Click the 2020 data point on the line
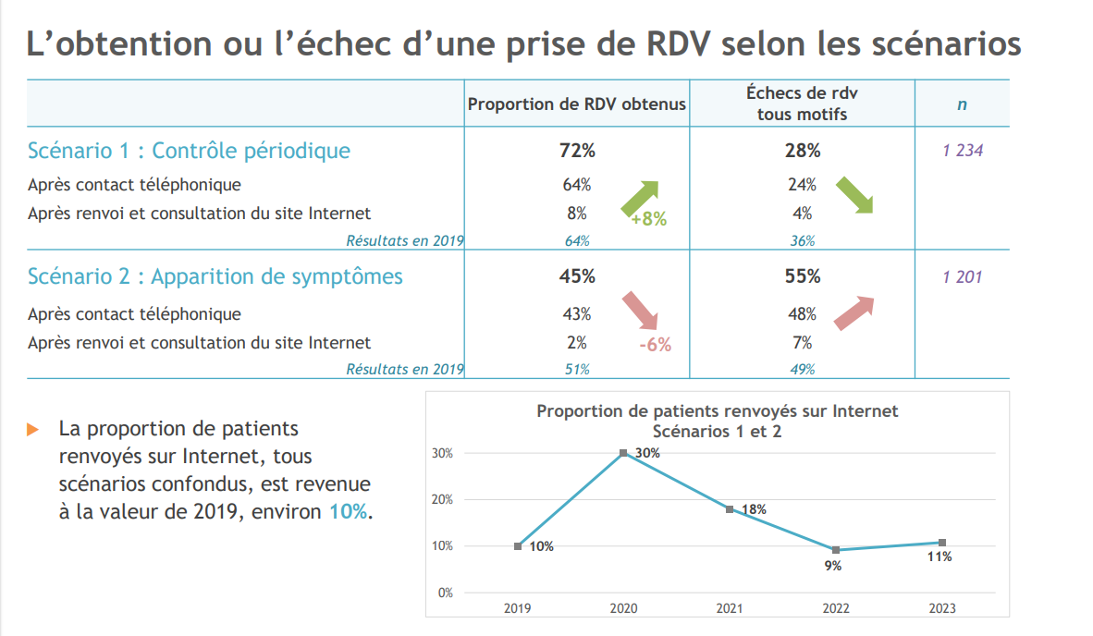point(623,453)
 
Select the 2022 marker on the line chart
point(835,550)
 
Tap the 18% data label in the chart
point(754,509)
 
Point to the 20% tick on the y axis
point(442,499)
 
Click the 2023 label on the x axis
point(941,608)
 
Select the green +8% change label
point(648,220)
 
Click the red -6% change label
point(655,346)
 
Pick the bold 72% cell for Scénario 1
point(577,151)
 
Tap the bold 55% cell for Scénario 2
point(802,276)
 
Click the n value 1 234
point(963,151)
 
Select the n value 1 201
point(963,276)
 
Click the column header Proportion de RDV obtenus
point(577,104)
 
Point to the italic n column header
point(962,104)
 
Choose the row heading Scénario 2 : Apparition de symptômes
point(215,276)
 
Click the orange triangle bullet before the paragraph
point(33,430)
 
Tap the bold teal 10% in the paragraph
point(348,512)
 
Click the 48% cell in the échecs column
point(802,314)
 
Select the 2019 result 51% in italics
point(577,370)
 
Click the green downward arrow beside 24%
point(854,195)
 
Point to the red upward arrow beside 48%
point(854,312)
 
